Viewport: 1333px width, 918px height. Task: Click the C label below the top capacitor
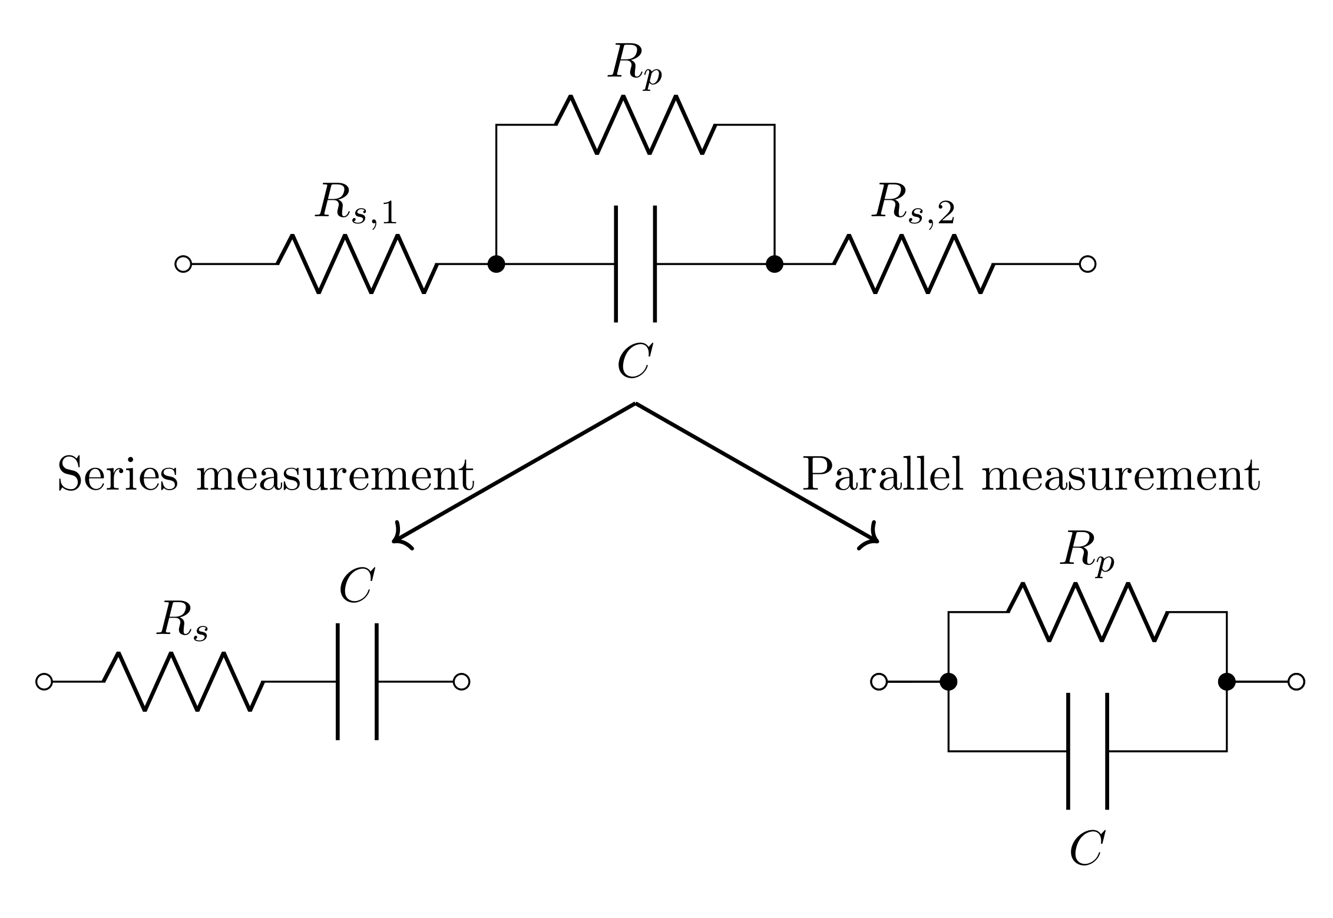(634, 361)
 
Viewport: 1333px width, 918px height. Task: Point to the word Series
(117, 474)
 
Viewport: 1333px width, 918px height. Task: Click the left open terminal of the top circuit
(183, 264)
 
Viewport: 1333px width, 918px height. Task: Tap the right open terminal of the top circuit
(1087, 264)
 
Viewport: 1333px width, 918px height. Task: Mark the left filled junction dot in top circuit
(497, 264)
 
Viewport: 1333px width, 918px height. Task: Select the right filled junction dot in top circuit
(775, 264)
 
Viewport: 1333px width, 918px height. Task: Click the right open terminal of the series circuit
(461, 682)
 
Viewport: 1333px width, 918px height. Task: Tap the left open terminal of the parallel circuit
(878, 682)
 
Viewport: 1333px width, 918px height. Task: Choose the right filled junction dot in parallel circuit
(1226, 682)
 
